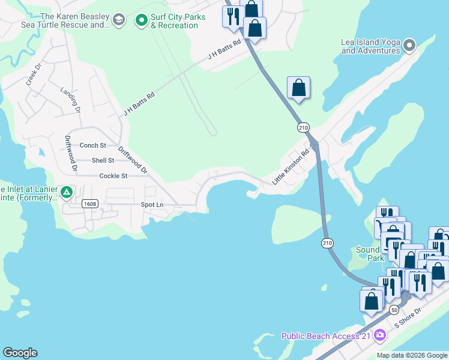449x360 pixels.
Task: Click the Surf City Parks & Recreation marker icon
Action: pos(142,21)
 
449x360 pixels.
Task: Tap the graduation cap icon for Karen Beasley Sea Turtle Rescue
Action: pos(119,21)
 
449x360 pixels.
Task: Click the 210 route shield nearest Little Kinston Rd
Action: pos(303,127)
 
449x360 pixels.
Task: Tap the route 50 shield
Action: pos(394,310)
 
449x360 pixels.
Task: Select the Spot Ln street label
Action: pos(152,205)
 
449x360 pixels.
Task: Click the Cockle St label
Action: pos(113,176)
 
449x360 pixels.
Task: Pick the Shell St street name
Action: pos(103,160)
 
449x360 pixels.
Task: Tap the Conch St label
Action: pos(92,145)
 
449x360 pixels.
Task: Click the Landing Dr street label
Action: pos(70,100)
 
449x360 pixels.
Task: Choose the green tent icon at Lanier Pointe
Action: pos(67,193)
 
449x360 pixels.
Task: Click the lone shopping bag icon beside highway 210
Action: pos(298,88)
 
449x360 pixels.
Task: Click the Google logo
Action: pos(20,353)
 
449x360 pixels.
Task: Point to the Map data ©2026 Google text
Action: pos(412,355)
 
